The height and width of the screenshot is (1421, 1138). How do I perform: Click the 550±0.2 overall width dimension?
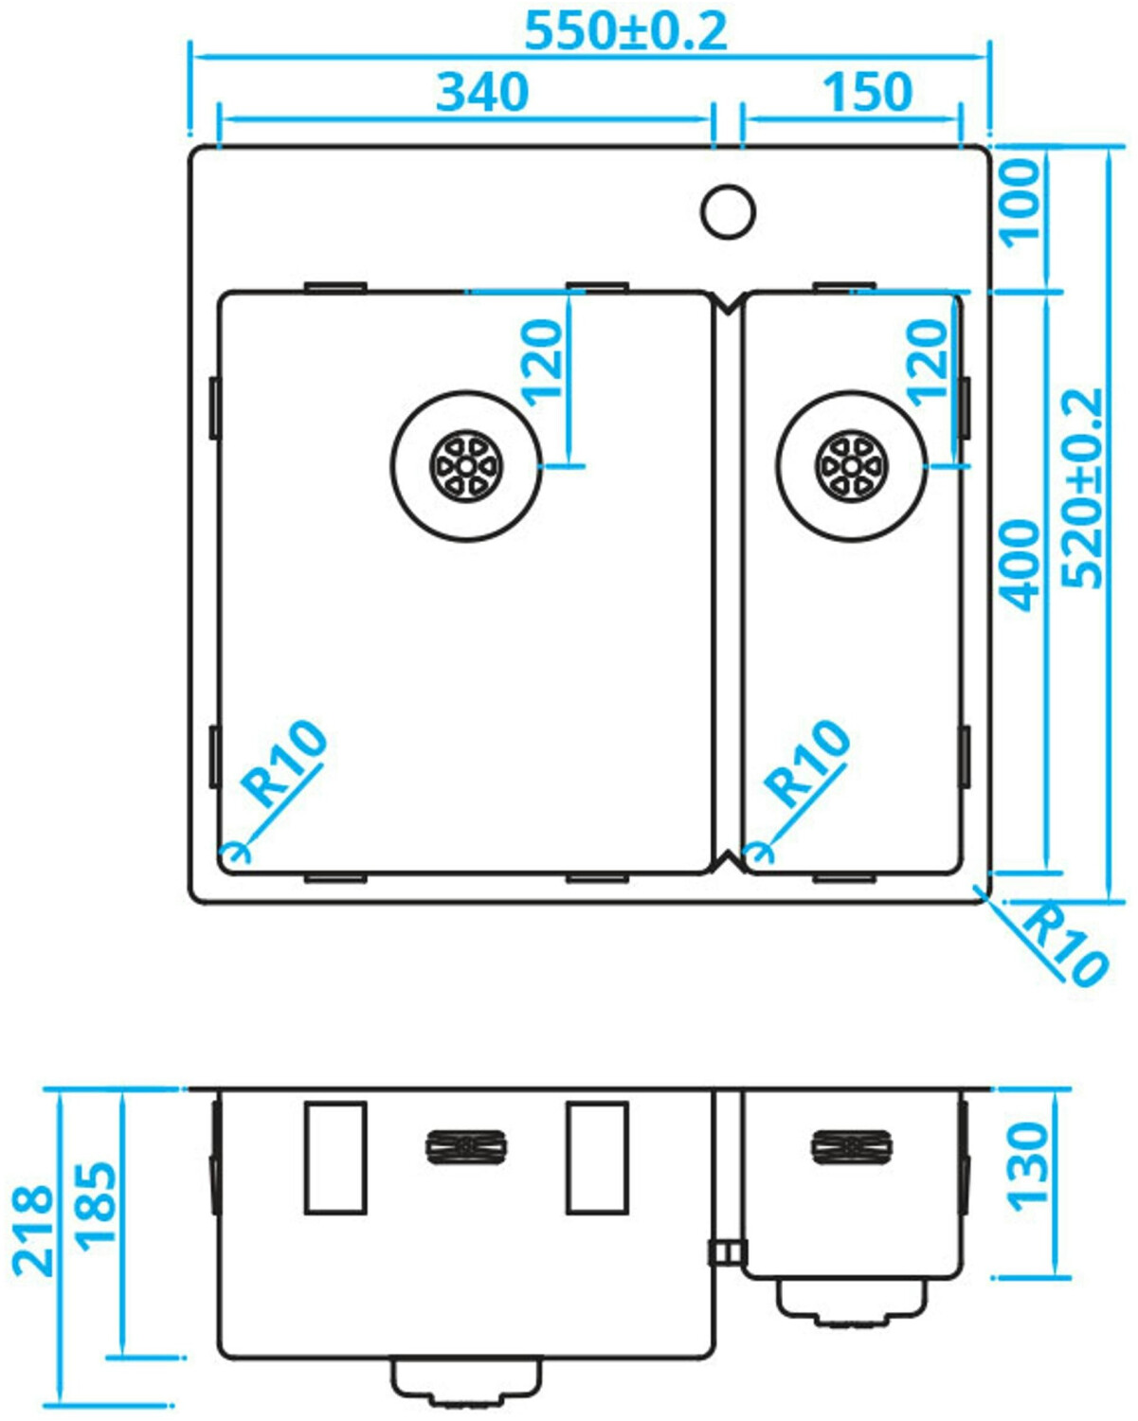click(x=625, y=30)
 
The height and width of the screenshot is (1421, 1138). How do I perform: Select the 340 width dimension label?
click(x=481, y=92)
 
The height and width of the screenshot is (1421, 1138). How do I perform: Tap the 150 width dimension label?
click(x=866, y=92)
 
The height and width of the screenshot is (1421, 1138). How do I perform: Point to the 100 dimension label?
click(x=1020, y=202)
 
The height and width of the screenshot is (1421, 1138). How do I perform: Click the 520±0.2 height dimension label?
click(x=1082, y=487)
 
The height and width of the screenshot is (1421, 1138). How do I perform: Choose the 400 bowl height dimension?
click(x=1020, y=565)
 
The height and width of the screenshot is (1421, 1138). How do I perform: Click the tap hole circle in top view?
click(x=728, y=210)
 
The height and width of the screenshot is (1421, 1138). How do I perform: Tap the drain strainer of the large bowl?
click(x=466, y=466)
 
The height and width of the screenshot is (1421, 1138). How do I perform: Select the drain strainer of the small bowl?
click(x=851, y=466)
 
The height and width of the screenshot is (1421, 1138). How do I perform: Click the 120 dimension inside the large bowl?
click(x=542, y=362)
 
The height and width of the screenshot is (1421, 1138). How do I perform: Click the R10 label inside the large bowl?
click(x=282, y=764)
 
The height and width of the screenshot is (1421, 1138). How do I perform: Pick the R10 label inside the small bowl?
click(x=806, y=764)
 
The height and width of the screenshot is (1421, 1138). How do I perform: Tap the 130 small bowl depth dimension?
click(x=1027, y=1165)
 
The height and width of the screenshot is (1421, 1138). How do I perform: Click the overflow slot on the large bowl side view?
click(x=466, y=1146)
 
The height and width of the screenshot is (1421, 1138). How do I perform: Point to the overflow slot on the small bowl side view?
click(x=851, y=1146)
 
